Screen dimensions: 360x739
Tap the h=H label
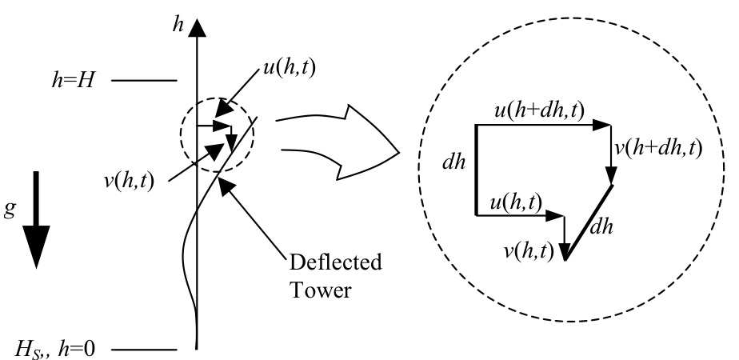[x=72, y=81]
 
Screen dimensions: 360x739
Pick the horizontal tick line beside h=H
[x=144, y=81]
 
